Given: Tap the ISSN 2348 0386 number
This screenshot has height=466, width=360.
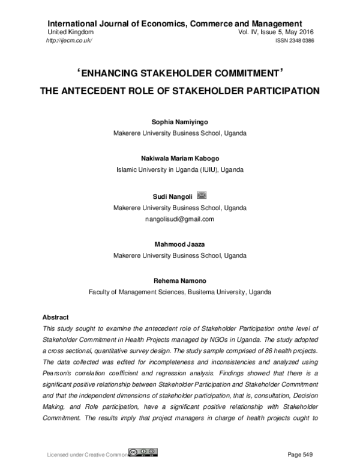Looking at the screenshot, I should (x=295, y=40).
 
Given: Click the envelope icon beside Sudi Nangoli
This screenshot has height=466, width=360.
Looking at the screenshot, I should (x=202, y=196).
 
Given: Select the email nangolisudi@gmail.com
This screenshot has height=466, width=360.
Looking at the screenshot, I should (x=179, y=219).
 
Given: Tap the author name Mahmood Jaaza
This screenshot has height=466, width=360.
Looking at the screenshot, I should (x=179, y=245).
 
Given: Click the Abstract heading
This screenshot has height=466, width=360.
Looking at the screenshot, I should (x=56, y=317).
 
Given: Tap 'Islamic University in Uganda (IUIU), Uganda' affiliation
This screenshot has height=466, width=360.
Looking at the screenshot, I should (x=179, y=171).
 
